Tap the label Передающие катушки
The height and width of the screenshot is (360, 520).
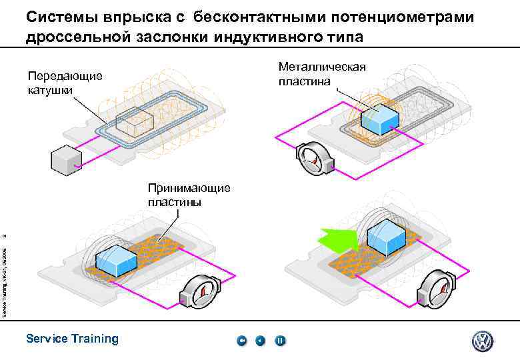(x=65, y=82)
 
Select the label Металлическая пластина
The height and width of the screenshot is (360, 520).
(x=322, y=73)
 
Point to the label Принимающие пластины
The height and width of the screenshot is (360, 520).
(x=189, y=194)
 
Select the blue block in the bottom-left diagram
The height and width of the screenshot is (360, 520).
(x=116, y=260)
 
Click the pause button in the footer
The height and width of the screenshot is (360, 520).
(x=280, y=341)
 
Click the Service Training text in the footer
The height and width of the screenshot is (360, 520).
(x=72, y=339)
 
